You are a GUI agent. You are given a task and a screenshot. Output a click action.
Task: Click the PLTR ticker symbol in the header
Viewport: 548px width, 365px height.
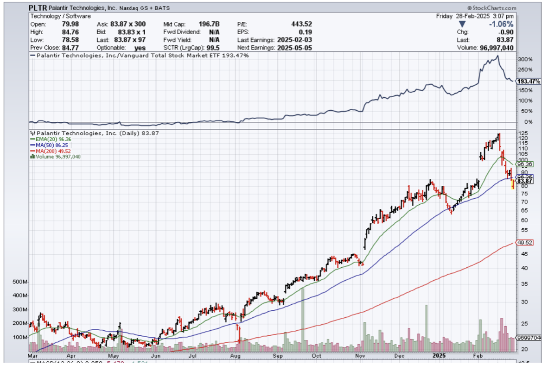[38, 8]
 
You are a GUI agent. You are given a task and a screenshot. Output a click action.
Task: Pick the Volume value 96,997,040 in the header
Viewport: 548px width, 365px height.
[497, 48]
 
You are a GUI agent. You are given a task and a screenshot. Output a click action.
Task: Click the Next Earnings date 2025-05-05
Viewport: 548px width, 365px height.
[294, 48]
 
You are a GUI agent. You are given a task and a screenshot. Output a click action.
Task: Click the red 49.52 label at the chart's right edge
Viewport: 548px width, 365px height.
[525, 243]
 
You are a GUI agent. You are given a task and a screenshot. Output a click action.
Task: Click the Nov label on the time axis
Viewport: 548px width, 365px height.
[360, 356]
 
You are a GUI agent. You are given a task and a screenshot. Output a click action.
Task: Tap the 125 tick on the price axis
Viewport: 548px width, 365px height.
[523, 133]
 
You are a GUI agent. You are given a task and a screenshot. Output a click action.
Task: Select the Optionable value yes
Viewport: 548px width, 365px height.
[140, 48]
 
